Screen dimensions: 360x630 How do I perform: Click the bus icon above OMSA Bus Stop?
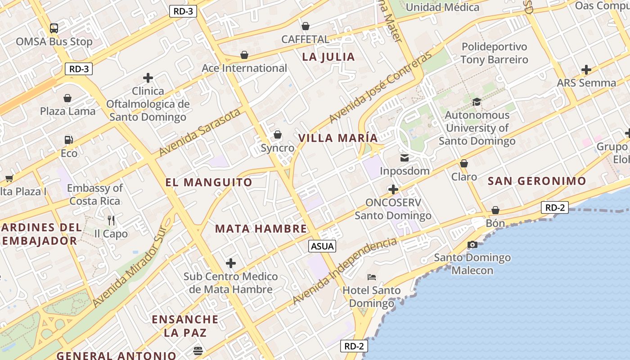(54, 28)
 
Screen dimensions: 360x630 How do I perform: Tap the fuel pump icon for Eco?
(68, 140)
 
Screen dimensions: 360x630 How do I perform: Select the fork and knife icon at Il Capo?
(111, 220)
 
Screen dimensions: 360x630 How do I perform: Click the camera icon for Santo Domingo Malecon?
(472, 245)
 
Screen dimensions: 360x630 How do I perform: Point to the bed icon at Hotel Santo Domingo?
(372, 277)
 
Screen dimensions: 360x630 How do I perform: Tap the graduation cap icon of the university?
(477, 102)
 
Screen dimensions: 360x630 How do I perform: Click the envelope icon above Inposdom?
(404, 158)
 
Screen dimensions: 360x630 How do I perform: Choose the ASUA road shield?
(322, 246)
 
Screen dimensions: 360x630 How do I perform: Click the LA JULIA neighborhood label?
(328, 57)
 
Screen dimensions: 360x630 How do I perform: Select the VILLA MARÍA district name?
(338, 138)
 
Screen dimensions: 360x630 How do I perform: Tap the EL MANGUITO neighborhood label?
(209, 182)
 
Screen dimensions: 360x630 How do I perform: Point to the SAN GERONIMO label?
(537, 181)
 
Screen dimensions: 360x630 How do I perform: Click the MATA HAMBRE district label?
(261, 229)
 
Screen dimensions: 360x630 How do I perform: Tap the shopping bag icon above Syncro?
(278, 135)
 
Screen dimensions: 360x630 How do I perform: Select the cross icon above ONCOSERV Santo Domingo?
(393, 189)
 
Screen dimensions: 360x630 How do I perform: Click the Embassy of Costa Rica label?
(95, 194)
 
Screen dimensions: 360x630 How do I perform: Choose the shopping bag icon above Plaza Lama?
(67, 98)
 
